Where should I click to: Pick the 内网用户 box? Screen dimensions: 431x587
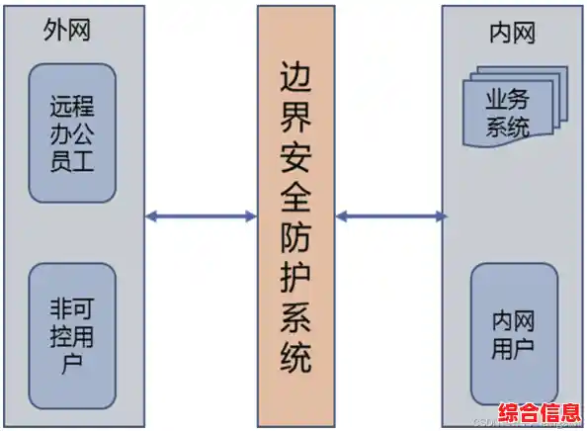coord(512,333)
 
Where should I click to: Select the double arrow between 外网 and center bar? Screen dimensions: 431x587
coord(201,215)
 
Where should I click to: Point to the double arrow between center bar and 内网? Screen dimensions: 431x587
coord(388,215)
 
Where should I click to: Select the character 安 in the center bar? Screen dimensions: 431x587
coord(294,164)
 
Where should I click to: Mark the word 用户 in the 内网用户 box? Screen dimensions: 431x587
coord(512,347)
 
